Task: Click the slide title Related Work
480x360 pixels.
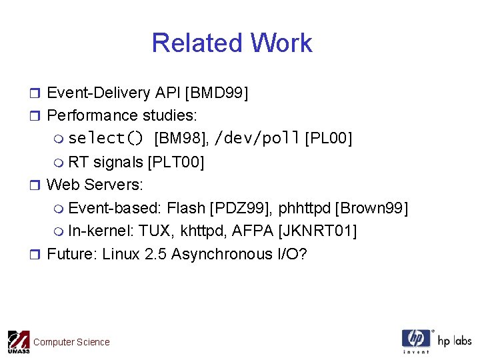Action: pyautogui.click(x=232, y=43)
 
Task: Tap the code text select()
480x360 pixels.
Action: pyautogui.click(x=106, y=139)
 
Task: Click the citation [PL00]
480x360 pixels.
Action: pyautogui.click(x=328, y=139)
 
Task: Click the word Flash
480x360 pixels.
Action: pyautogui.click(x=186, y=208)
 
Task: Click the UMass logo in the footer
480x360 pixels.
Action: pyautogui.click(x=18, y=342)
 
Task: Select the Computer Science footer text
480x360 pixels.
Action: pyautogui.click(x=71, y=342)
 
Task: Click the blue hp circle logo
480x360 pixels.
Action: pyautogui.click(x=417, y=339)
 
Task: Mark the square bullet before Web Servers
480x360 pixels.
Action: pyautogui.click(x=37, y=185)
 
